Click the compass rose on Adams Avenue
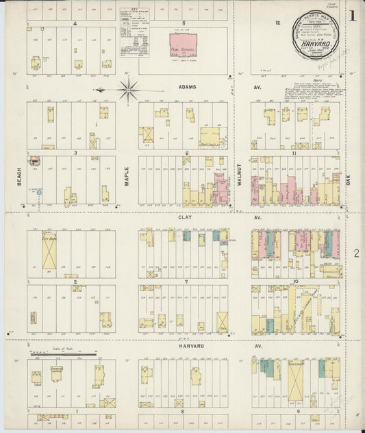point(128,89)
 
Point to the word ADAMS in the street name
point(187,88)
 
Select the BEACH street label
point(20,176)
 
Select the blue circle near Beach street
point(39,193)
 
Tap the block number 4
point(73,23)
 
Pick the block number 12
point(278,23)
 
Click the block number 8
point(183,411)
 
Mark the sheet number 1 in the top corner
point(353,15)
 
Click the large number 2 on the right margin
point(356,254)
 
